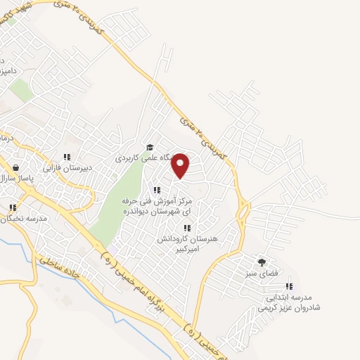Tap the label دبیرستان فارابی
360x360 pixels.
[x=68, y=169]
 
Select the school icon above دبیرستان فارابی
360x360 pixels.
[x=67, y=157]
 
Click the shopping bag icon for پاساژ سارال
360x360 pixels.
[x=16, y=167]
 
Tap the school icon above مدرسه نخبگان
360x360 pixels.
[x=13, y=207]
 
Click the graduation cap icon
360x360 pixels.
[x=149, y=147]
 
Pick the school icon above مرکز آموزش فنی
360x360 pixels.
[x=157, y=190]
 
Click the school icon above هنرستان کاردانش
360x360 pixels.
[x=186, y=227]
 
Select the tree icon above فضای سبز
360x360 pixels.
[x=262, y=261]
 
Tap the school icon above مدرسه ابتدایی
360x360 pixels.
[x=288, y=286]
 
